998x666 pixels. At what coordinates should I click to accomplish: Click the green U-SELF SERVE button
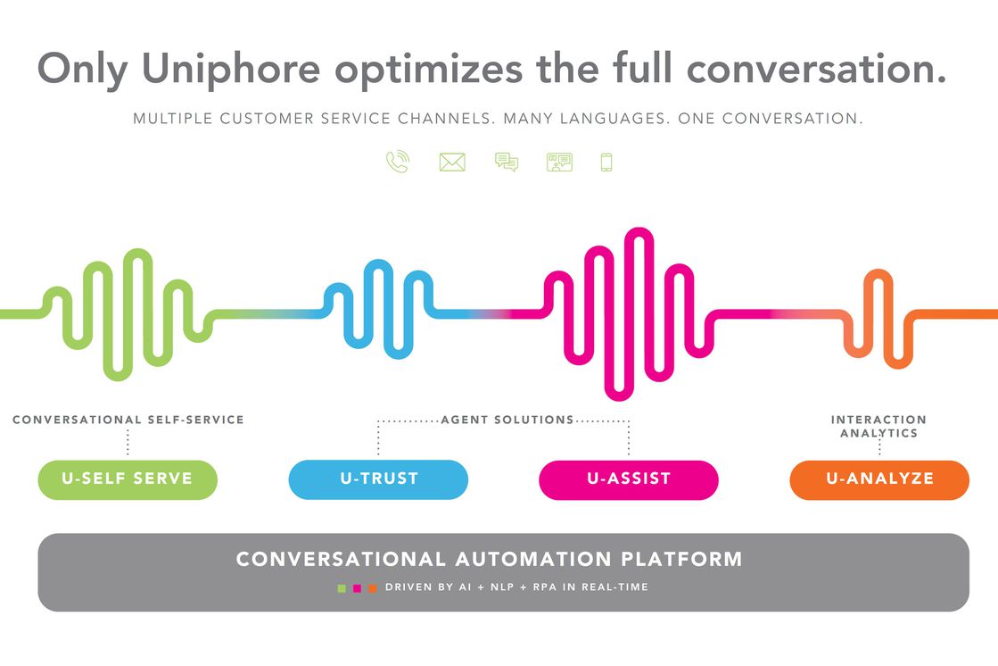(x=128, y=479)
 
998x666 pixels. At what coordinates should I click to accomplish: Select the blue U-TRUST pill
(x=378, y=479)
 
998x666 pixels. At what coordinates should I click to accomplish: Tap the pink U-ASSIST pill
(x=629, y=479)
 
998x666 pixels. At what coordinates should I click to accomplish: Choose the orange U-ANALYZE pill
(x=879, y=479)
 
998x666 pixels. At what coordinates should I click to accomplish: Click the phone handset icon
(x=398, y=162)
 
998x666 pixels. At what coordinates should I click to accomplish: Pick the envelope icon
(x=452, y=162)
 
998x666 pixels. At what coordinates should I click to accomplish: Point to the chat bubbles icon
(x=507, y=162)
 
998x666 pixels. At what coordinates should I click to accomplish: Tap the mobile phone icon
(x=606, y=162)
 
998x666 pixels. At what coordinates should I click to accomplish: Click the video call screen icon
(x=559, y=162)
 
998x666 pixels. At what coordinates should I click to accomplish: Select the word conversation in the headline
(x=816, y=68)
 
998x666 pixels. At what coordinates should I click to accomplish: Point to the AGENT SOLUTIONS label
(x=507, y=420)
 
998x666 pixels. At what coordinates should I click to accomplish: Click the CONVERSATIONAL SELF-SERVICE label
(x=128, y=420)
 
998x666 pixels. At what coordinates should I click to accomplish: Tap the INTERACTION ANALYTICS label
(x=878, y=427)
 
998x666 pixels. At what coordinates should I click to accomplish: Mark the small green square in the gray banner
(x=342, y=588)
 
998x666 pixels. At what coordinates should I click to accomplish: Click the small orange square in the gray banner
(x=373, y=588)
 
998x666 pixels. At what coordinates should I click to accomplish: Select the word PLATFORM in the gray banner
(x=681, y=559)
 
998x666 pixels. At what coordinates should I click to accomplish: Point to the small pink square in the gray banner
(x=357, y=588)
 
